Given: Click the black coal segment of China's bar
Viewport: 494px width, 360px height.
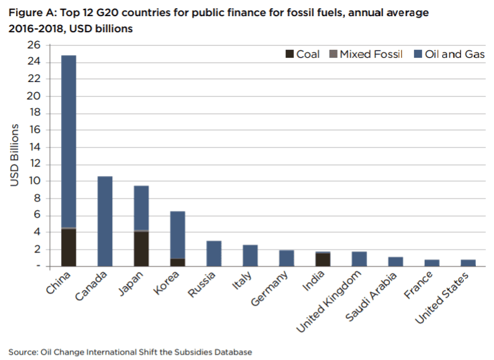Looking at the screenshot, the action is pyautogui.click(x=68, y=247).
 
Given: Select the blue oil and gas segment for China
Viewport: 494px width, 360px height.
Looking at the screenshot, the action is pyautogui.click(x=68, y=141).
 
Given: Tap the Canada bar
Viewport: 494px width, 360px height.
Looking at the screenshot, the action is pyautogui.click(x=105, y=221).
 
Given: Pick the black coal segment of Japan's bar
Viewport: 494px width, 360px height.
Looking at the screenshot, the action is pyautogui.click(x=141, y=249).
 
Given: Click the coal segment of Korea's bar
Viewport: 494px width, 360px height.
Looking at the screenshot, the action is pyautogui.click(x=177, y=263).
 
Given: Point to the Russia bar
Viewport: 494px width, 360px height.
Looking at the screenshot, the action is pyautogui.click(x=214, y=253).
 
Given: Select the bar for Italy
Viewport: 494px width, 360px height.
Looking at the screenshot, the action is pyautogui.click(x=250, y=256).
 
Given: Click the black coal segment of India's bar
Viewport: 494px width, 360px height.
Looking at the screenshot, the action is pyautogui.click(x=323, y=260).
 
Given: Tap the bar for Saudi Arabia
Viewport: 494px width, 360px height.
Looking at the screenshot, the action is pyautogui.click(x=395, y=262).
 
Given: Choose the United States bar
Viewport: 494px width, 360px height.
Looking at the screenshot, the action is pyautogui.click(x=468, y=263).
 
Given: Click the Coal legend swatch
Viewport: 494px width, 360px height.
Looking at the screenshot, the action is pyautogui.click(x=289, y=54).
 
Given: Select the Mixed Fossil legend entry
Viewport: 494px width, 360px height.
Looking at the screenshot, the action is pyautogui.click(x=366, y=54).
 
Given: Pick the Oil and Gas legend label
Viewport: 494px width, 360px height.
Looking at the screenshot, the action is pyautogui.click(x=454, y=54).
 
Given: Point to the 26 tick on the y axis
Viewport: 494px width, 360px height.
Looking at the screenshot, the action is pyautogui.click(x=34, y=45).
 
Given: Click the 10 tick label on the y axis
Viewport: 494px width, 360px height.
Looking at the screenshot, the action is pyautogui.click(x=34, y=181).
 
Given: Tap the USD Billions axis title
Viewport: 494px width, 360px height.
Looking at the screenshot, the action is pyautogui.click(x=15, y=155).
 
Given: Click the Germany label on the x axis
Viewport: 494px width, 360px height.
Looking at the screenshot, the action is pyautogui.click(x=270, y=288).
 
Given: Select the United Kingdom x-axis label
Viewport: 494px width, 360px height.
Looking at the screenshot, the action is pyautogui.click(x=329, y=302).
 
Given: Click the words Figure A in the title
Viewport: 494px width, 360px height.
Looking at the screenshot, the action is pyautogui.click(x=31, y=13).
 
